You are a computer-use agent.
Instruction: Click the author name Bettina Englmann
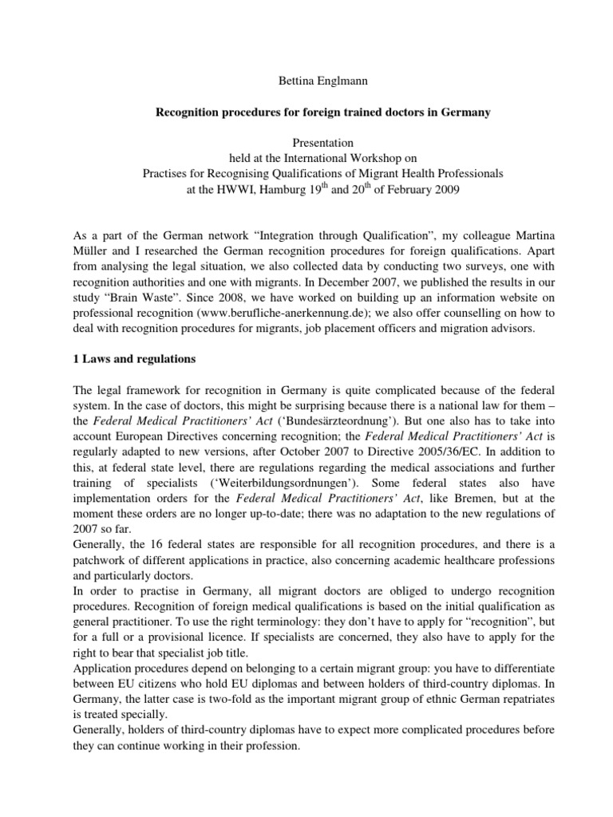(306, 82)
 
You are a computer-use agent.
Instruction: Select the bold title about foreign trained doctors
(306, 113)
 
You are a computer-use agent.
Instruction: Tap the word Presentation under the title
(306, 144)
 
